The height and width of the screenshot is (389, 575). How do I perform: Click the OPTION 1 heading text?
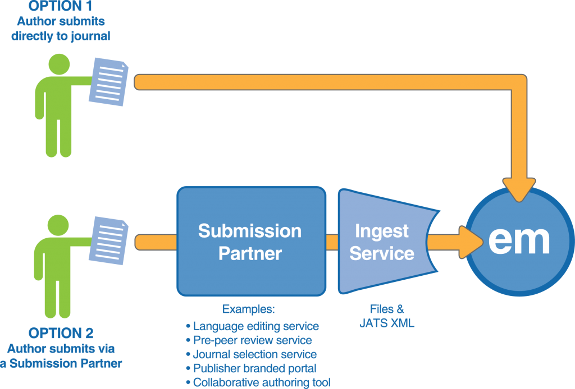click(x=61, y=8)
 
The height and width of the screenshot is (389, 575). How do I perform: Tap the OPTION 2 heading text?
click(x=61, y=333)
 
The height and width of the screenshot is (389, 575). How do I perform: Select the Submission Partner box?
click(x=251, y=242)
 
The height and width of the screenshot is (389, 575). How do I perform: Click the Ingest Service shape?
click(x=382, y=242)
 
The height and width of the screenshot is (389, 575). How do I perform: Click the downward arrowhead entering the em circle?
click(x=519, y=188)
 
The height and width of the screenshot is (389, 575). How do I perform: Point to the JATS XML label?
click(x=387, y=323)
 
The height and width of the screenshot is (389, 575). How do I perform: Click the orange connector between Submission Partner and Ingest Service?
click(x=332, y=242)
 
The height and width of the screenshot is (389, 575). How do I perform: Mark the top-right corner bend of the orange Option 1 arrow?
click(x=519, y=82)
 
